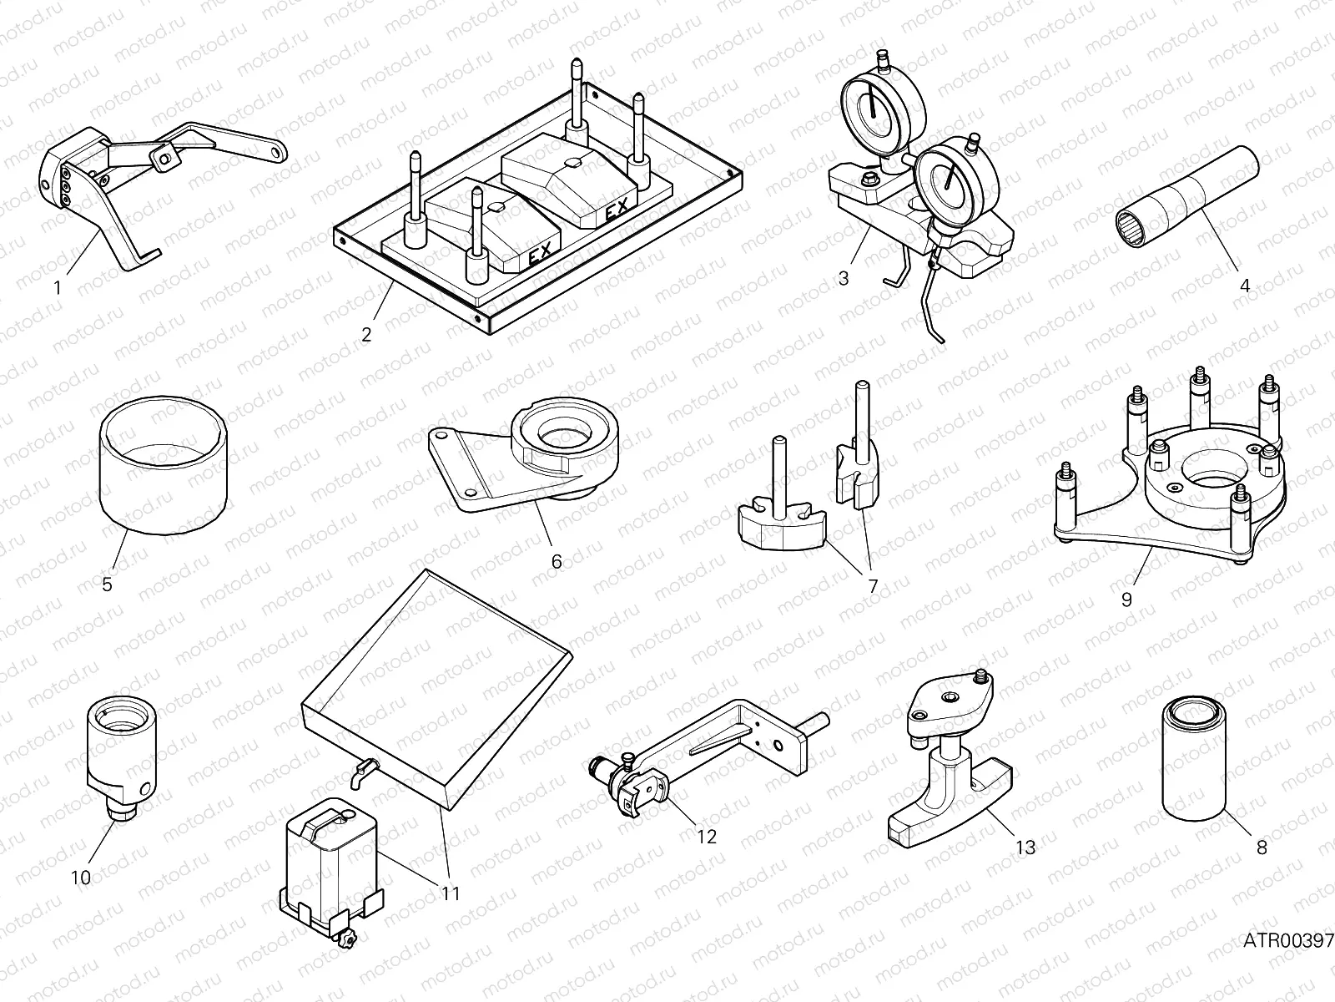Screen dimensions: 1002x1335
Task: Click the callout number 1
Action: [57, 287]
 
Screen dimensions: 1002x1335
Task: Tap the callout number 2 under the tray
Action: [366, 335]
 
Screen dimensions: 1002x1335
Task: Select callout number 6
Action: [557, 561]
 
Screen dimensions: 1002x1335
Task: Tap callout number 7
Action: [874, 586]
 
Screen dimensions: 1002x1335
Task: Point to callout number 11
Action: [451, 893]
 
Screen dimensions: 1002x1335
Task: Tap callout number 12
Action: [707, 836]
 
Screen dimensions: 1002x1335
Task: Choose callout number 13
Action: [1025, 847]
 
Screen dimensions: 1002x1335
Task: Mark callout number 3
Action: [843, 278]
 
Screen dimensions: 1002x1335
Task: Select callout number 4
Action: [1245, 285]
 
